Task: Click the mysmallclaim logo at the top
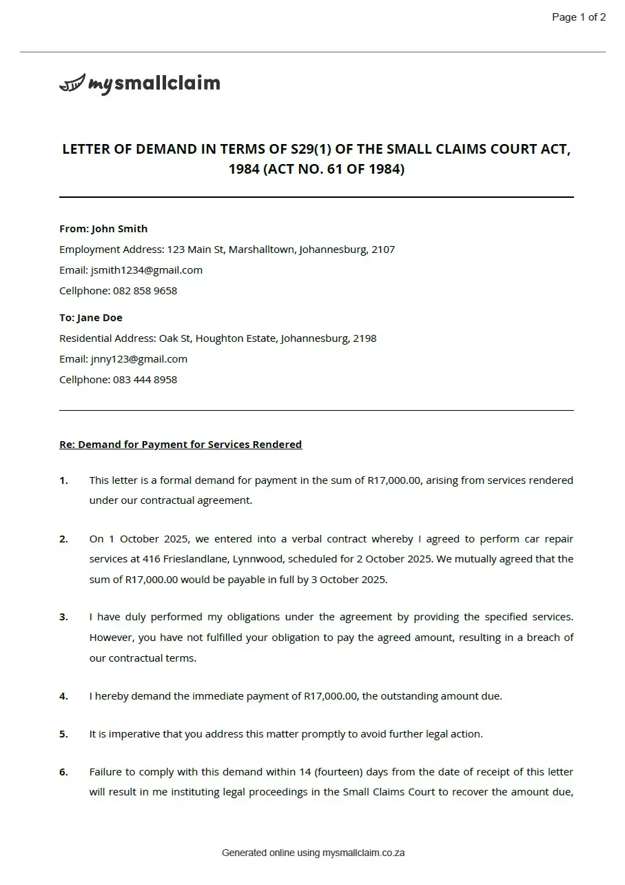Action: [x=140, y=84]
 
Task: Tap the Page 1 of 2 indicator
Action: [x=579, y=17]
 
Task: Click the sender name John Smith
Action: [x=119, y=229]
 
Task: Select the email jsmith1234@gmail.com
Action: [x=147, y=270]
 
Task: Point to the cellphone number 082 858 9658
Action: [x=145, y=291]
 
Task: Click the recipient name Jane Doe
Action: [x=100, y=318]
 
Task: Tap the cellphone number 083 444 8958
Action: [x=145, y=380]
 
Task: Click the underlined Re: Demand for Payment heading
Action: [x=181, y=445]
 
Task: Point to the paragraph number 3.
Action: [x=63, y=617]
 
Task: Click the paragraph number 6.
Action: [x=63, y=772]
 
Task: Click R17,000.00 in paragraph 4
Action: [x=331, y=696]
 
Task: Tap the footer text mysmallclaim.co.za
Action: [x=363, y=853]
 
